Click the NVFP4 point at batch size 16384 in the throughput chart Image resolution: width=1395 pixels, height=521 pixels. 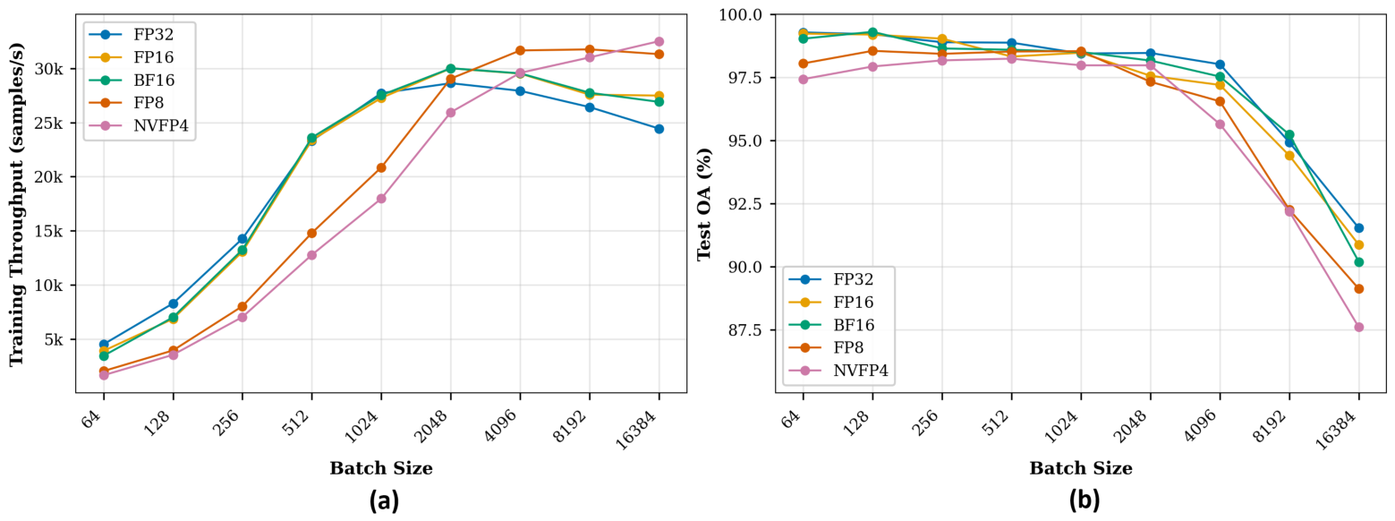pos(659,42)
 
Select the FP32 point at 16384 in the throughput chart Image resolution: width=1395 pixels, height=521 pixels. pos(659,129)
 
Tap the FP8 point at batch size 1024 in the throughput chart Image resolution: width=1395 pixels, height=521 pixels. pos(381,167)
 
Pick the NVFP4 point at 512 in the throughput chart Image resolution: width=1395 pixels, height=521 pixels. pos(311,255)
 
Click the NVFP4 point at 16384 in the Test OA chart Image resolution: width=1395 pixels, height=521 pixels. pos(1359,327)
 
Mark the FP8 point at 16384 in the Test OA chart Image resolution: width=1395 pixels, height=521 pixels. pos(1359,288)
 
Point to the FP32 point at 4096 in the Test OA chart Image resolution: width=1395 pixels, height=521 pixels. pos(1220,64)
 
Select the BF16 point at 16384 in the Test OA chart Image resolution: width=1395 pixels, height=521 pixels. pos(1359,262)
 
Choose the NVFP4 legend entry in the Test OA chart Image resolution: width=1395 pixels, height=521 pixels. pos(838,371)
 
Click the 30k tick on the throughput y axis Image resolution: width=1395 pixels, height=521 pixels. pos(51,69)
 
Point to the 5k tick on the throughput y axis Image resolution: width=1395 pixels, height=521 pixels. pos(55,340)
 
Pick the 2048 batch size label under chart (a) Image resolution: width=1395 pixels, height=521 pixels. pos(437,425)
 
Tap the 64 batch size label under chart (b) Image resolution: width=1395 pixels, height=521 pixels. pos(792,420)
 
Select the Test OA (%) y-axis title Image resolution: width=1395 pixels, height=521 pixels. pos(703,204)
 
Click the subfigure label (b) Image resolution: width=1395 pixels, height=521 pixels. pos(1084,500)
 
